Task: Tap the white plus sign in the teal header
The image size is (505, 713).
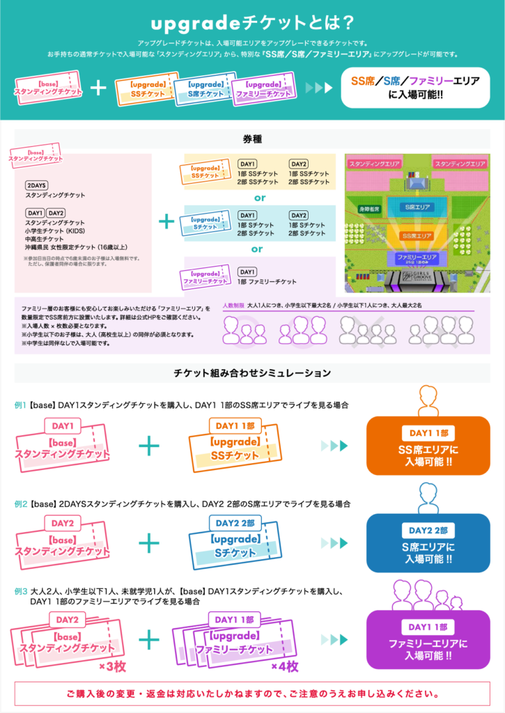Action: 99,88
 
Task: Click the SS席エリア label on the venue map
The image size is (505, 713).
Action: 417,236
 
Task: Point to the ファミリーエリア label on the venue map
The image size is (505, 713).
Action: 417,258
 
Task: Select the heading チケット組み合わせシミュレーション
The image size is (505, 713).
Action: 252,374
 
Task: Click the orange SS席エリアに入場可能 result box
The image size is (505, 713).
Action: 428,445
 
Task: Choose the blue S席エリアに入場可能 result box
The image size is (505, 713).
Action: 428,543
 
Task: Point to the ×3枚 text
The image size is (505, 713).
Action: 110,666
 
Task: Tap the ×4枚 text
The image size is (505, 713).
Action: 284,666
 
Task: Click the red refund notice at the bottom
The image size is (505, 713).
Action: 252,694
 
